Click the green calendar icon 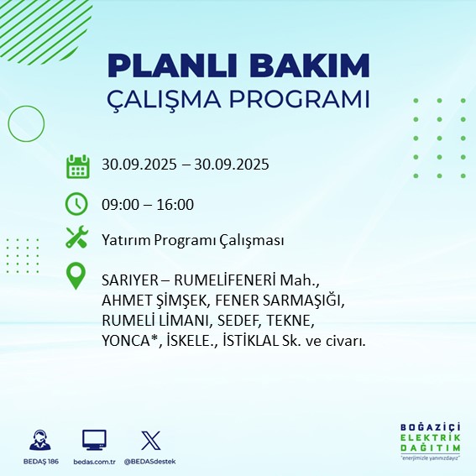pos(77,166)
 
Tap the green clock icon pos(77,203)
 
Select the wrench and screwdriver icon pos(77,238)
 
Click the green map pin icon pos(77,276)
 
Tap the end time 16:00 pos(175,204)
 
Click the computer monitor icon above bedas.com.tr pos(93,440)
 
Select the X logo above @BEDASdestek pos(150,440)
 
